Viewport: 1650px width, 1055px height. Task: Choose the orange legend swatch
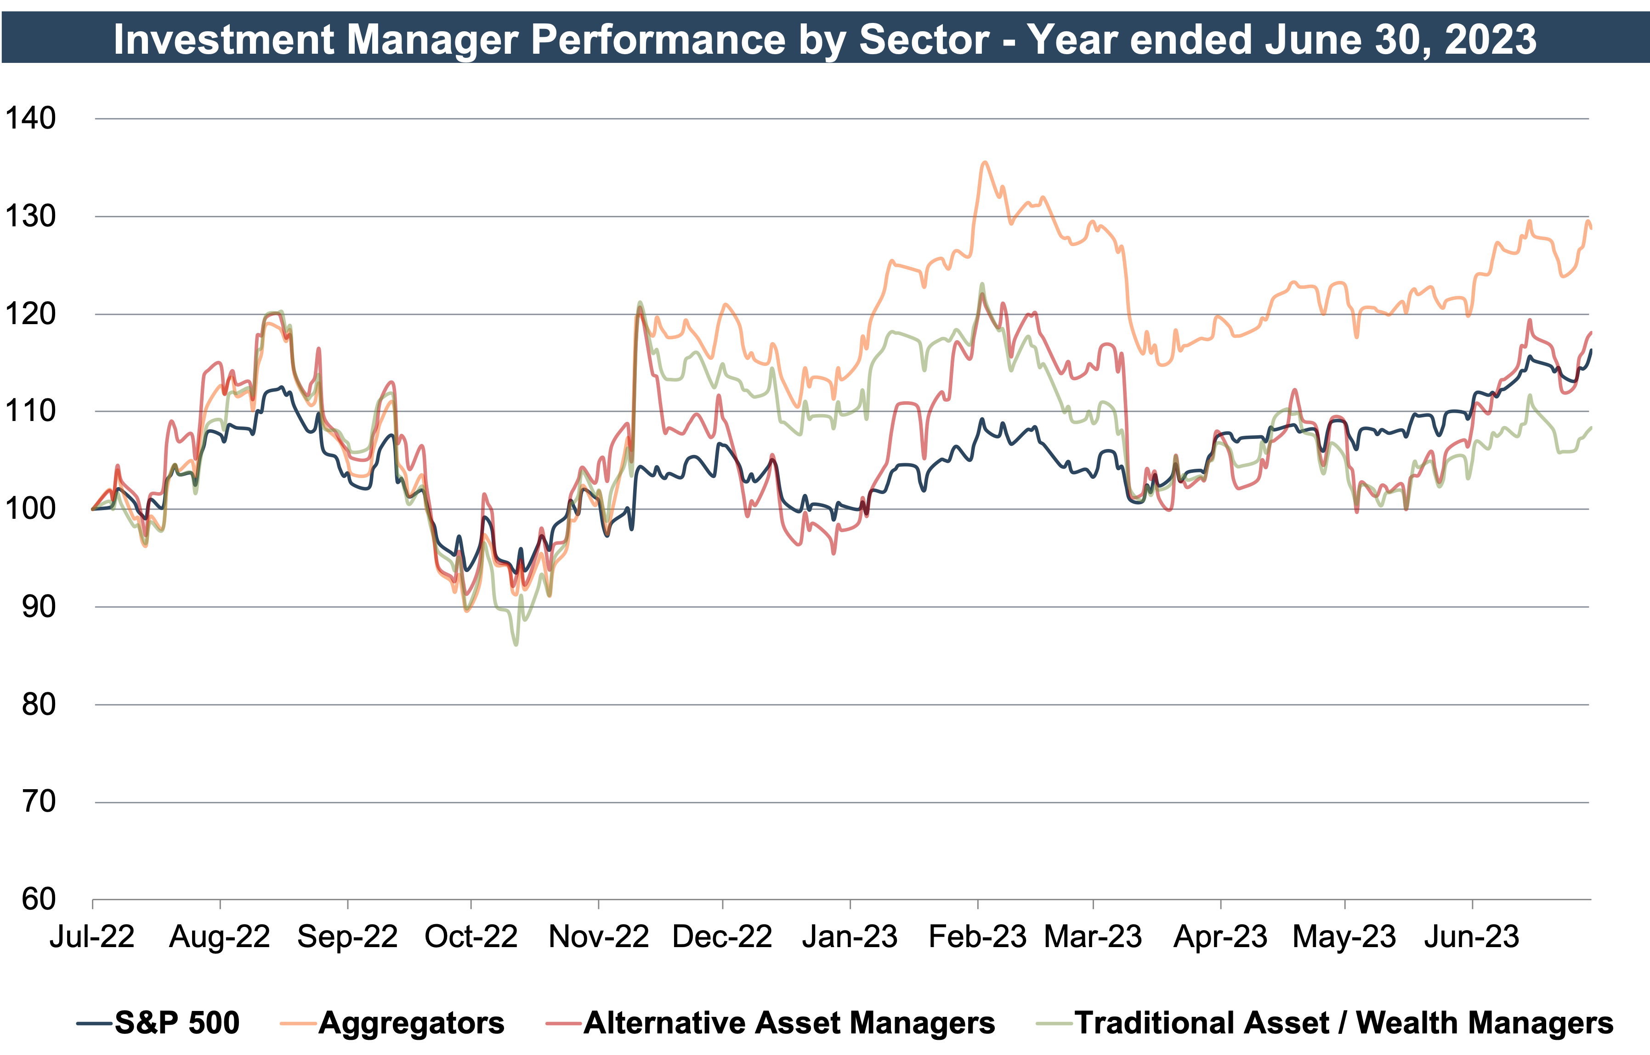click(x=298, y=1023)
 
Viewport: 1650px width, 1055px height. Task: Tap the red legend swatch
click(x=563, y=1023)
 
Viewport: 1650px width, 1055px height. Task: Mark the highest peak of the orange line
click(x=984, y=163)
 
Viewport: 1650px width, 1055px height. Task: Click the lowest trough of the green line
click(x=516, y=644)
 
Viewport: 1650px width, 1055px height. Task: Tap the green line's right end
click(x=1590, y=428)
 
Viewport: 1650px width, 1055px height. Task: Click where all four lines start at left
click(x=94, y=509)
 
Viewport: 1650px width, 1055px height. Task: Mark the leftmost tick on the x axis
click(x=92, y=905)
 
